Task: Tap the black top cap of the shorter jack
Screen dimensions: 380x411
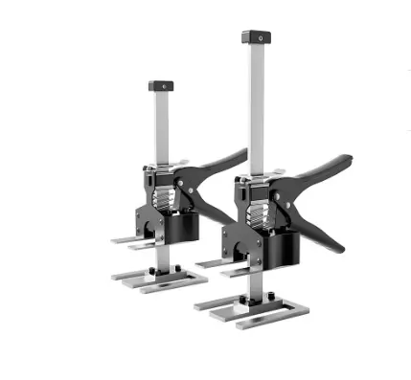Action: click(160, 86)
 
